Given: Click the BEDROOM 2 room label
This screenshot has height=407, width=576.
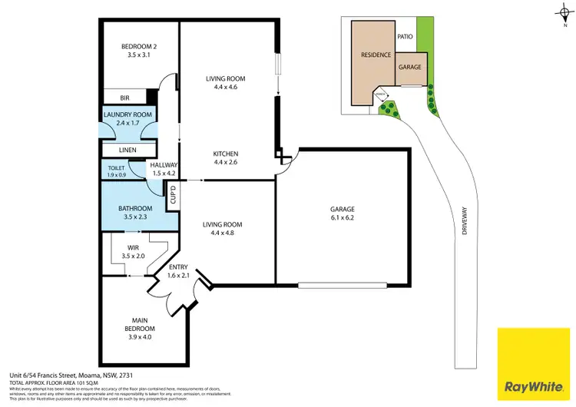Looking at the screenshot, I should pyautogui.click(x=138, y=51).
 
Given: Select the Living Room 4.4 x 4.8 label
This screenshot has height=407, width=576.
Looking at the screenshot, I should pyautogui.click(x=222, y=229).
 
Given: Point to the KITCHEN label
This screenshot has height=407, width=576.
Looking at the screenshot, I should pyautogui.click(x=225, y=158).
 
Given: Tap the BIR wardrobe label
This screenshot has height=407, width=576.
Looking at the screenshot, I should pyautogui.click(x=125, y=98).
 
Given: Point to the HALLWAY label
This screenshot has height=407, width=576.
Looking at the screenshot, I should pyautogui.click(x=164, y=169).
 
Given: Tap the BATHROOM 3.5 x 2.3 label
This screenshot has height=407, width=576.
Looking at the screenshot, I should pyautogui.click(x=135, y=213).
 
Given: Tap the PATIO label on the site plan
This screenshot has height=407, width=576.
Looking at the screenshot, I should pyautogui.click(x=406, y=36).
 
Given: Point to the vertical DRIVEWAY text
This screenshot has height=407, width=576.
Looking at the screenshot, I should pyautogui.click(x=465, y=223).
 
